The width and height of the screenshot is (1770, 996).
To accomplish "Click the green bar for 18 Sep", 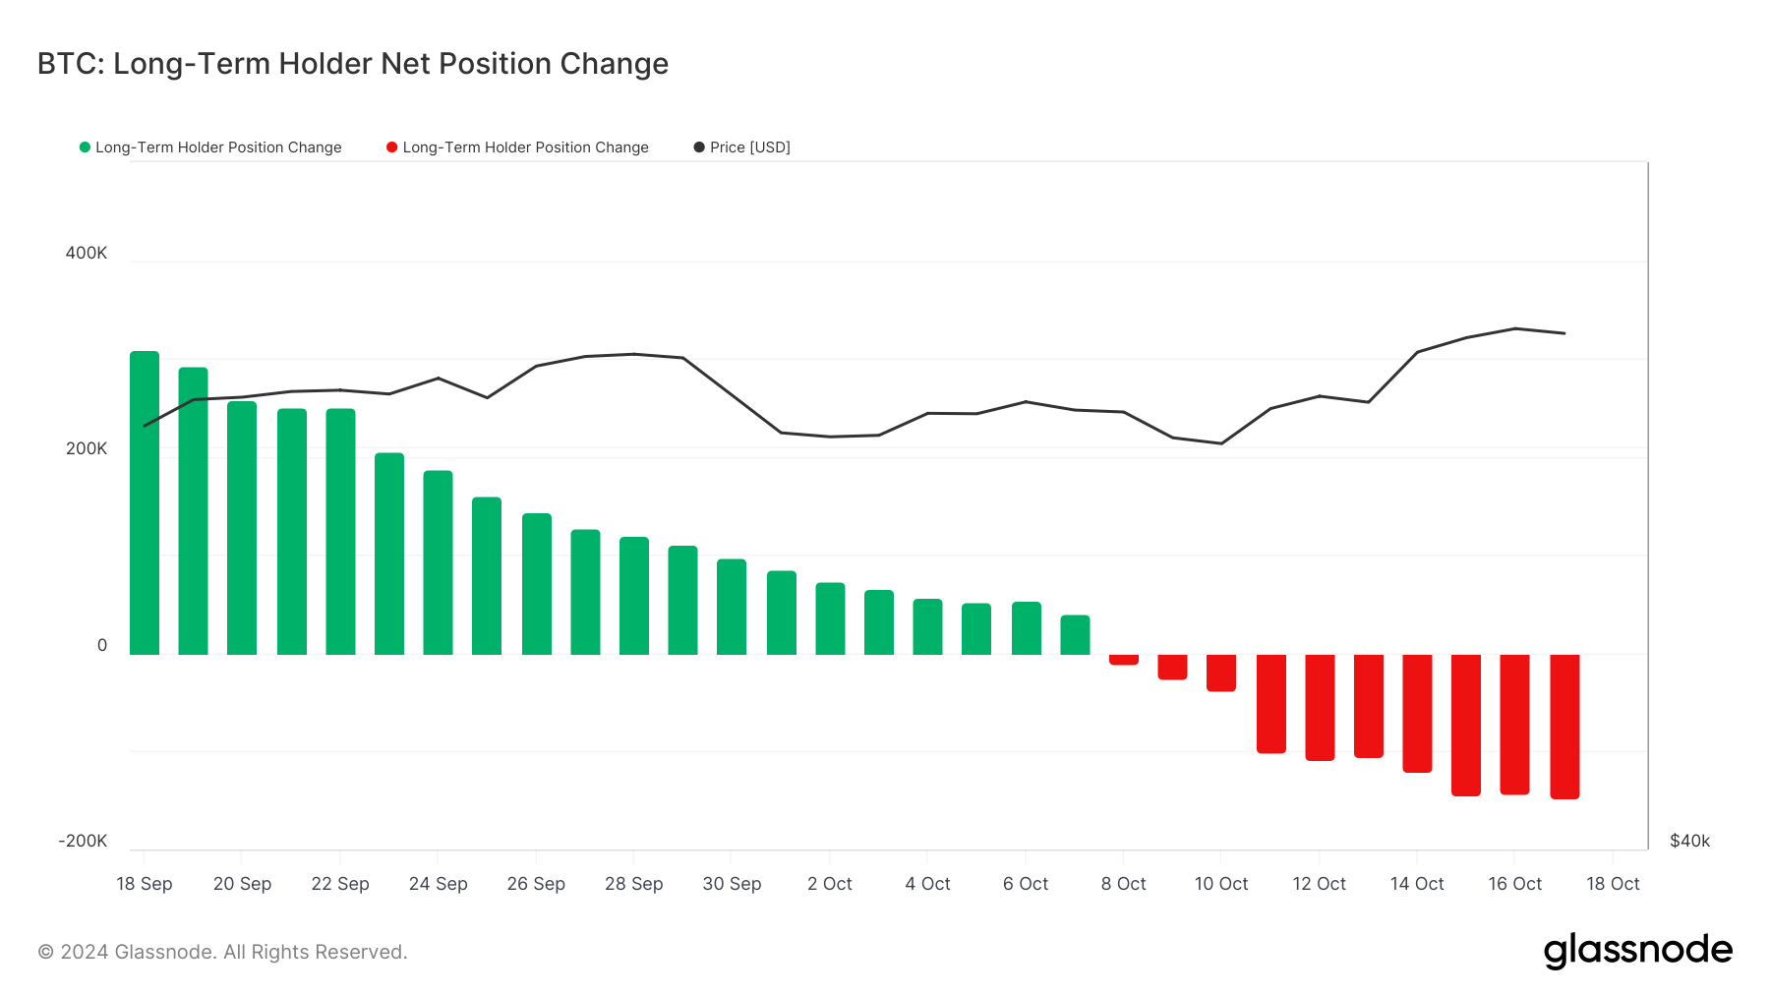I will [145, 502].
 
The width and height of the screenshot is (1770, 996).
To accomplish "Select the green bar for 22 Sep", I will [340, 531].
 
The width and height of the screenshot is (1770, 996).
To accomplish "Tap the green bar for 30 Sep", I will [732, 607].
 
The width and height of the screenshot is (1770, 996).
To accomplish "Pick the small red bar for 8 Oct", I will [1123, 660].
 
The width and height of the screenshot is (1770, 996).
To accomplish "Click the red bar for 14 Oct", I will [1417, 713].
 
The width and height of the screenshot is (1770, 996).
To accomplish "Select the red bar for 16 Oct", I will [1514, 724].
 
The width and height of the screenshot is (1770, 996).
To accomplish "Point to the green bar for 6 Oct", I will [1026, 628].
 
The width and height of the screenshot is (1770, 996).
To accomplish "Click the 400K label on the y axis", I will [87, 253].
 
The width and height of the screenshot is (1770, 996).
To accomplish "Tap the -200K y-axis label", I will [83, 841].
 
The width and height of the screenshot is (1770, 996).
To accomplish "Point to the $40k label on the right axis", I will [1689, 841].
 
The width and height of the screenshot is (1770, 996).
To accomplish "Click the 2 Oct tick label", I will [829, 884].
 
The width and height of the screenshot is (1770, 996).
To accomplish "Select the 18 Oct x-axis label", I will [1613, 884].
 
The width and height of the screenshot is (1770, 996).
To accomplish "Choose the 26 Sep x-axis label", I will [536, 884].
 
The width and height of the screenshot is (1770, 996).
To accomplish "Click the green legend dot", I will [85, 147].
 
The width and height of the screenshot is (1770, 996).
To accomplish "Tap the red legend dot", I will [391, 147].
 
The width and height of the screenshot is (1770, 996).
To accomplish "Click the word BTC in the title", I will [69, 64].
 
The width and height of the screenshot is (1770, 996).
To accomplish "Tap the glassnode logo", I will [1637, 951].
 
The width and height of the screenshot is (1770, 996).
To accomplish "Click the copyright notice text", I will [222, 952].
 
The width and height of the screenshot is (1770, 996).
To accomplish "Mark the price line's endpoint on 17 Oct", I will [1564, 333].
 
